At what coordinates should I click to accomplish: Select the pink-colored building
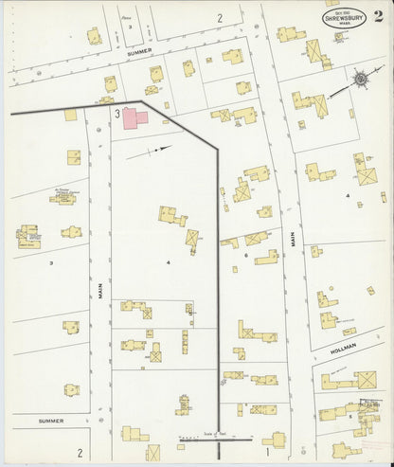[135, 118]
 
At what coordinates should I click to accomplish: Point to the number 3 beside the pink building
[116, 114]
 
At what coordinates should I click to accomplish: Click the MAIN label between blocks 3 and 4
[99, 296]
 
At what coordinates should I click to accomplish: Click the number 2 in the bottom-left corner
[81, 452]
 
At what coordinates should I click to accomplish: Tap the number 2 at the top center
[219, 17]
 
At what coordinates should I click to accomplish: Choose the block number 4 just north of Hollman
[348, 195]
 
